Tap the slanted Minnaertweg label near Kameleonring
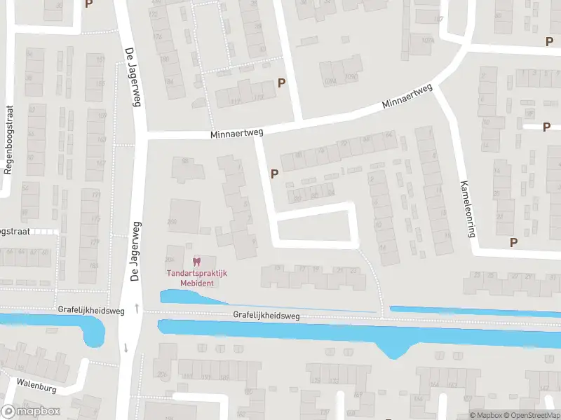[x=407, y=97]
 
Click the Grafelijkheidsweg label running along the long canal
[x=267, y=316]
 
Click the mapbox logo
[x=29, y=411]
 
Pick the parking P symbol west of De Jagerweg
[x=88, y=4]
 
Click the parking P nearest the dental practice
[x=274, y=174]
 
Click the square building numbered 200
[x=185, y=213]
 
